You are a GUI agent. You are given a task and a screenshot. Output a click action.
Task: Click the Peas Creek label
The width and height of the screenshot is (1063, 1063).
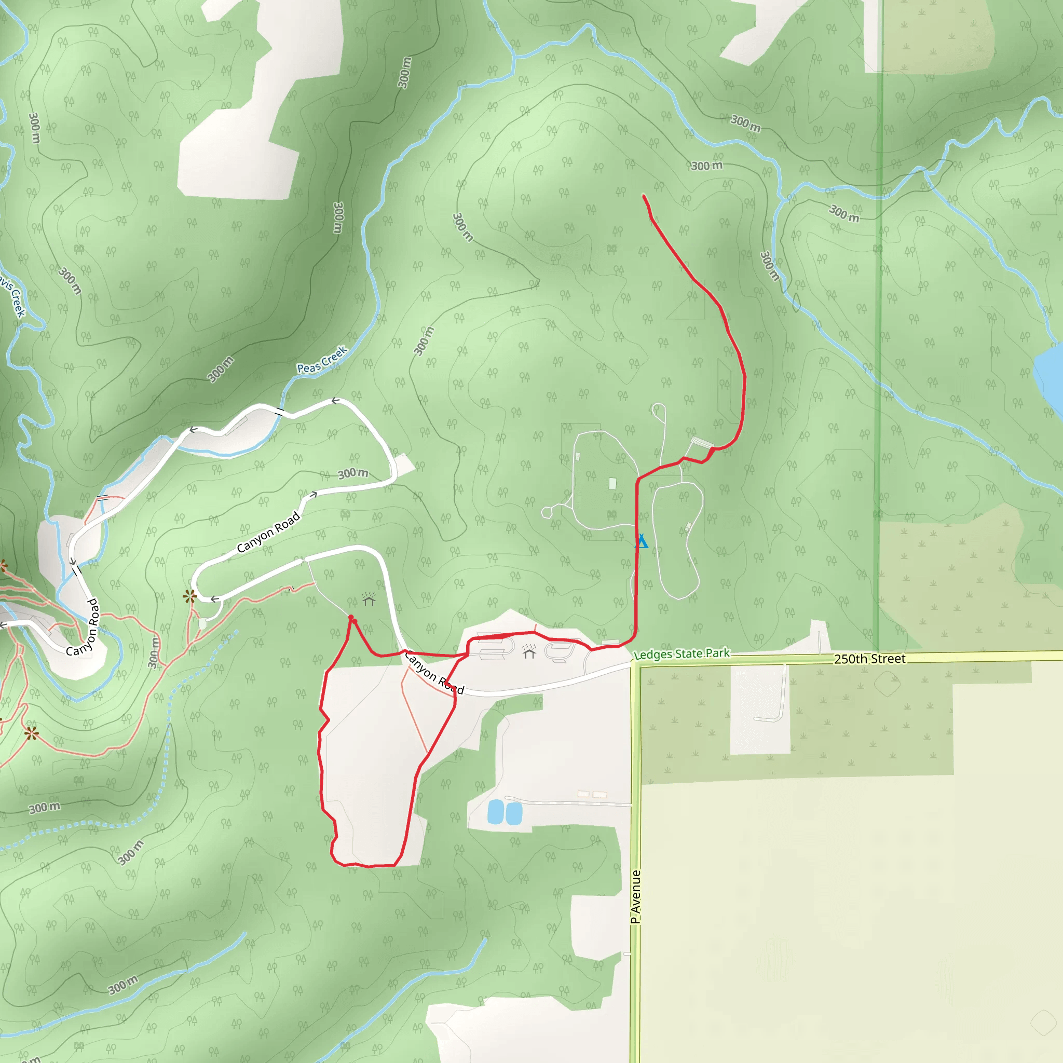coord(322,360)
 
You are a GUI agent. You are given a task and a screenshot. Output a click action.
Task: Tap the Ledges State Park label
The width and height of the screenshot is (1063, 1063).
coord(682,653)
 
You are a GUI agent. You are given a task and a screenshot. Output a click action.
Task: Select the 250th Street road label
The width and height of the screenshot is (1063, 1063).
coord(869,659)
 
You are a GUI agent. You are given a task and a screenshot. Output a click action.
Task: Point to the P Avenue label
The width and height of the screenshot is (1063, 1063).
coord(636,896)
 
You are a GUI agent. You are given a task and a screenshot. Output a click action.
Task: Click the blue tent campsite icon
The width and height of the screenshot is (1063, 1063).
coord(641,541)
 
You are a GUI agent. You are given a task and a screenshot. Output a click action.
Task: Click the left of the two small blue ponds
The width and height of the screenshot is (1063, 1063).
coord(495,812)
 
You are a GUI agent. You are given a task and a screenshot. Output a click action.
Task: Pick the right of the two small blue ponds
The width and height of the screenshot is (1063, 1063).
coord(513,813)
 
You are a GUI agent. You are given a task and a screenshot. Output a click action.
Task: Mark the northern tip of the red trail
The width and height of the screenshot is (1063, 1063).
coord(644,195)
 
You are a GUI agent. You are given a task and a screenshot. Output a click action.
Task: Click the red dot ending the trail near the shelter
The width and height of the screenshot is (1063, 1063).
coord(351,618)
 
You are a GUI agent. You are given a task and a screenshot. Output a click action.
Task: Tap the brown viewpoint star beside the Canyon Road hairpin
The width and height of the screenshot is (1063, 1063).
coord(190,596)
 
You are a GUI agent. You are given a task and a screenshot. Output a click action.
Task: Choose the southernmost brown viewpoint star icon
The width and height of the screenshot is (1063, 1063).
coord(31,733)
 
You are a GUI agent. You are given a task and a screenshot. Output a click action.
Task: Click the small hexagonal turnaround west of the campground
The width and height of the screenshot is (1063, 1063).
coord(547,512)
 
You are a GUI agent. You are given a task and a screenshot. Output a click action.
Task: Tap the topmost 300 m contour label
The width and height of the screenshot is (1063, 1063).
coord(404,73)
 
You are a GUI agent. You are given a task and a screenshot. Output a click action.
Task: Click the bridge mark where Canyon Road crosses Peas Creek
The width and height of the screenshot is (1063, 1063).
coord(280,412)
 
